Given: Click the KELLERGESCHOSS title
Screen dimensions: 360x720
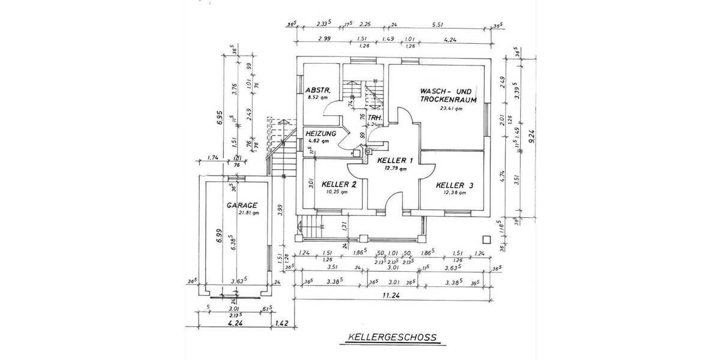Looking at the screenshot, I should pyautogui.click(x=391, y=338).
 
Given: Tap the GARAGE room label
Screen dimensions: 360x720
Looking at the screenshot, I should pyautogui.click(x=243, y=205).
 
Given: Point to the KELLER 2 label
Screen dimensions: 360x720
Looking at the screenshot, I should pyautogui.click(x=340, y=184).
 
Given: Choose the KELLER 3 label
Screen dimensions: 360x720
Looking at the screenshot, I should pyautogui.click(x=455, y=185).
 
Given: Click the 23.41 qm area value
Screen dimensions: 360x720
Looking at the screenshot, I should pyautogui.click(x=451, y=109).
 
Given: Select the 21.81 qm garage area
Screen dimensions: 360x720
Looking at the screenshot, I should pyautogui.click(x=248, y=212).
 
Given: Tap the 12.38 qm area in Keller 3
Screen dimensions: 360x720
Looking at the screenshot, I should pyautogui.click(x=455, y=193).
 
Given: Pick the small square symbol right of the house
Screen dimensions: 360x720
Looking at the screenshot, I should pyautogui.click(x=485, y=239).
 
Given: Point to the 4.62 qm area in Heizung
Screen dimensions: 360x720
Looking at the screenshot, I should pyautogui.click(x=318, y=141).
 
